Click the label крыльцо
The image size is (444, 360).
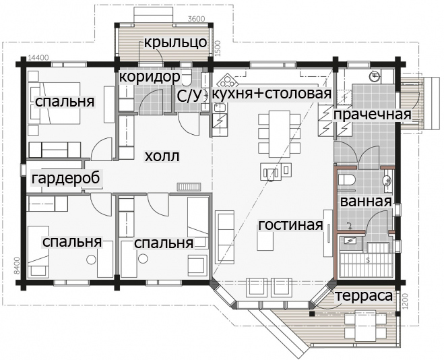pos(176,42)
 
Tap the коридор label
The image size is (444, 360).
pos(150,76)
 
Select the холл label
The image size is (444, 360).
pos(162,156)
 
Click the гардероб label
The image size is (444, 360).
pos(66,179)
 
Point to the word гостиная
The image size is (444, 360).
pos(290,224)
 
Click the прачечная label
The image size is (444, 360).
pos(372,115)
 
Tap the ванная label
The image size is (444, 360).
pos(366,202)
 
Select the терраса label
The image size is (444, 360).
pos(364,296)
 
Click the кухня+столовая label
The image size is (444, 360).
pos(272,94)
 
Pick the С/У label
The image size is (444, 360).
pos(188,96)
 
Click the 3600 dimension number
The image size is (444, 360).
pos(196,19)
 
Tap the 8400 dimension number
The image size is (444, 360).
pos(17,266)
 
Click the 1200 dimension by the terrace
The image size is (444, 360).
pos(406,302)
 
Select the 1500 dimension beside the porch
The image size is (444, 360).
pos(218,49)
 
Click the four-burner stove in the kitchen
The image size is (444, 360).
pos(226,81)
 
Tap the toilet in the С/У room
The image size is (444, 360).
pos(187,76)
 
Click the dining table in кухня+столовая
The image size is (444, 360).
pos(280,134)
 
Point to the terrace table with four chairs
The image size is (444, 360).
pos(365,326)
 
